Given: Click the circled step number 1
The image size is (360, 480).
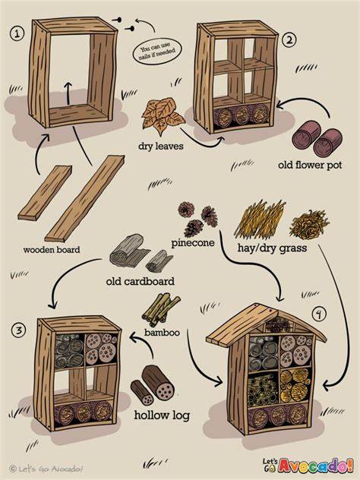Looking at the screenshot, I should tap(17, 33).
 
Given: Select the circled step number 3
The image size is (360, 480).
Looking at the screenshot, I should tap(17, 329).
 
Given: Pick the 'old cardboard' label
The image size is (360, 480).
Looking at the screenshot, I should tap(140, 281).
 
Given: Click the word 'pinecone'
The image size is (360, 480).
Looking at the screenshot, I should tap(191, 244).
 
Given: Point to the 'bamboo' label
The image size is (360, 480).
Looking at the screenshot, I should tap(163, 333).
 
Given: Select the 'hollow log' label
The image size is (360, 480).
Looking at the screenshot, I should tap(162, 415).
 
